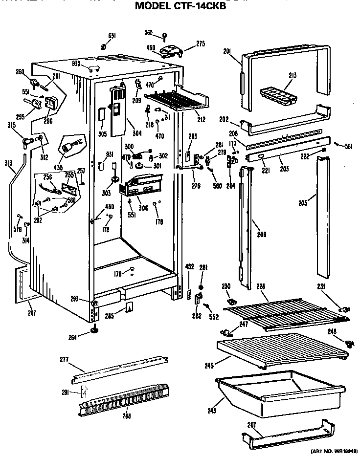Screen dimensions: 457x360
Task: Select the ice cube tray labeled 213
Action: click(x=277, y=94)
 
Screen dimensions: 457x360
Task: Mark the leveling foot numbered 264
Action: click(x=93, y=332)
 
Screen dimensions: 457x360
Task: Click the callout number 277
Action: click(x=64, y=360)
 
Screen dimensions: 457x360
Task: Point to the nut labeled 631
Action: click(x=104, y=46)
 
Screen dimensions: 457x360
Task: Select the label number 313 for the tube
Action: click(x=8, y=163)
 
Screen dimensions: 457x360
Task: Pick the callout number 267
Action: click(x=32, y=313)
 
